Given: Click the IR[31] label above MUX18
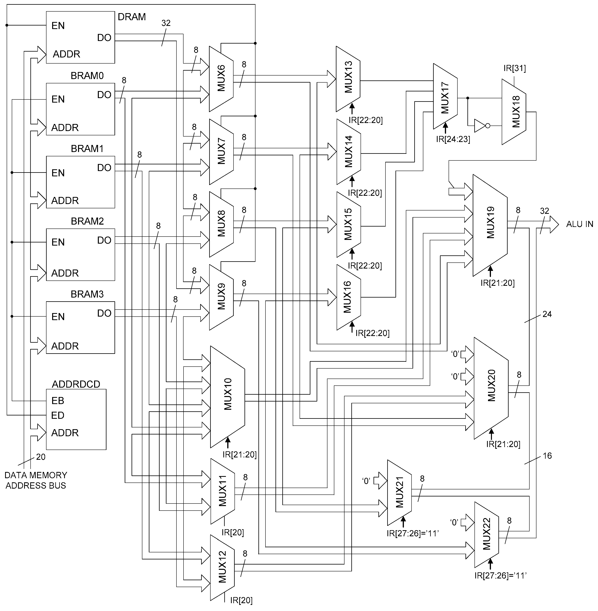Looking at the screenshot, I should [x=514, y=68].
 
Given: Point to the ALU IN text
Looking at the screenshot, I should [x=579, y=224].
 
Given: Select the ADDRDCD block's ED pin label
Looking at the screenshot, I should [x=58, y=415].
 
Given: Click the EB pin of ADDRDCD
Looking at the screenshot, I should [x=58, y=401].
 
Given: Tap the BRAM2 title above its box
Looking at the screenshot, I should [x=87, y=221].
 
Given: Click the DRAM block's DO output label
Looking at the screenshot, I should [x=104, y=38].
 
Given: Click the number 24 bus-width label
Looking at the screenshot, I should [x=547, y=314].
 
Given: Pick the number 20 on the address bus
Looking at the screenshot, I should [x=41, y=457].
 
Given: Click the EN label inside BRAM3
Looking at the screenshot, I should [x=58, y=317].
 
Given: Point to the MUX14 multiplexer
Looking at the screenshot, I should [x=348, y=151].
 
